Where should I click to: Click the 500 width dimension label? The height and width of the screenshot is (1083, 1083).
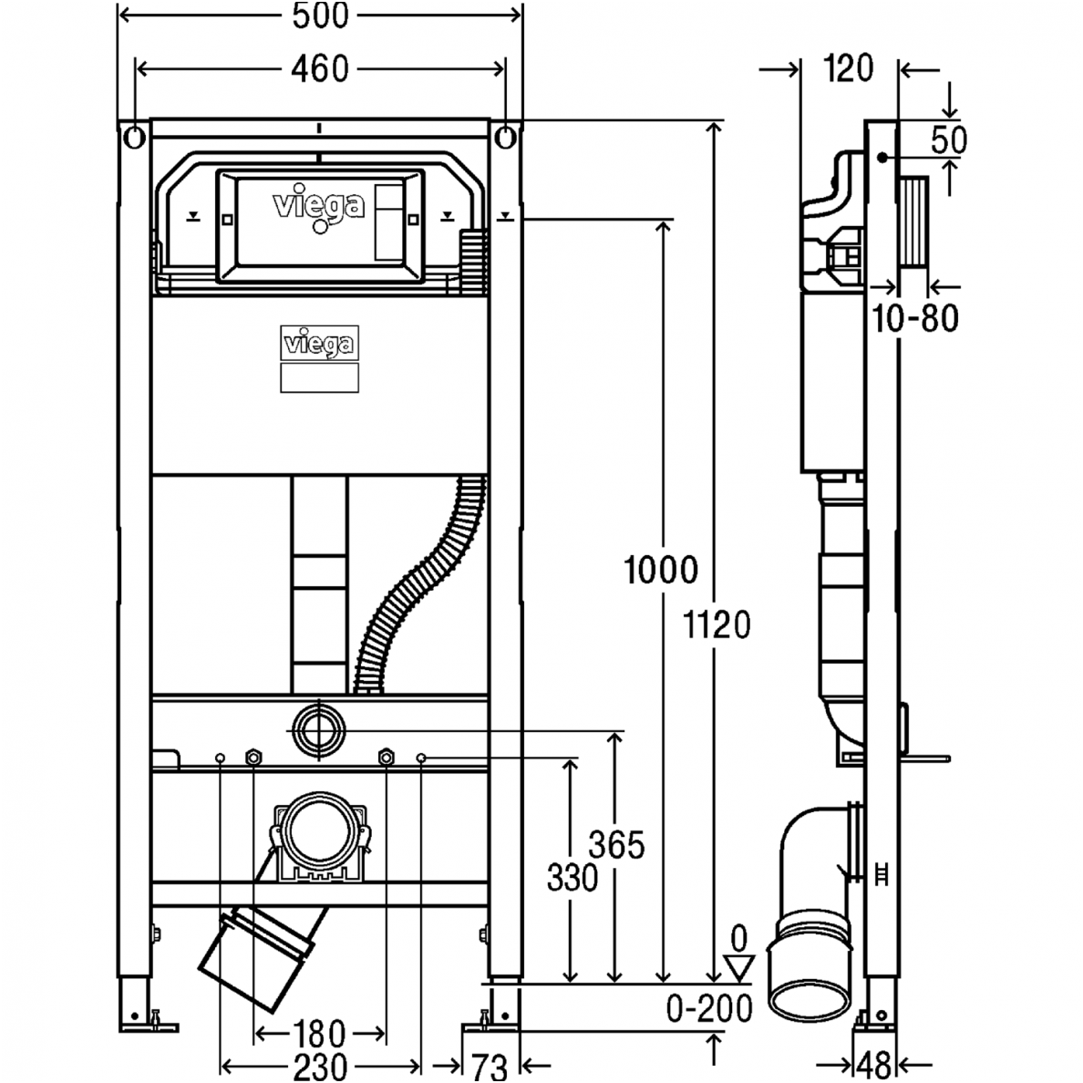321,15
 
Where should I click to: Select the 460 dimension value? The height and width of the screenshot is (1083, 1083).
321,68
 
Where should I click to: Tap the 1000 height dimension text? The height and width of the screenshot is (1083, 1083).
661,571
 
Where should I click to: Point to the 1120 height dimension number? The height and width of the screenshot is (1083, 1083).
717,625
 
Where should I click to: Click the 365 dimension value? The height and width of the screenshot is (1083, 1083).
617,845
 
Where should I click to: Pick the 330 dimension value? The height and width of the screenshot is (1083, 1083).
572,879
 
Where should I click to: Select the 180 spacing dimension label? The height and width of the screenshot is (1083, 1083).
319,1035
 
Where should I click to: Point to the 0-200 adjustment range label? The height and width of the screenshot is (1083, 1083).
709,1008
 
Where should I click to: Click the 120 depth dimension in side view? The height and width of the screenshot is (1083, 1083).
848,68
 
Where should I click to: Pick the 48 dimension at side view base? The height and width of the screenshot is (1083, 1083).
875,1064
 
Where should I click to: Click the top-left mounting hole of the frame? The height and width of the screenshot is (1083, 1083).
134,138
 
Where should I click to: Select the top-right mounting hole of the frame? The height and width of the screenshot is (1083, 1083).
507,138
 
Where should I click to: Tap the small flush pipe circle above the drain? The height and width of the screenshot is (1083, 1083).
319,728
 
